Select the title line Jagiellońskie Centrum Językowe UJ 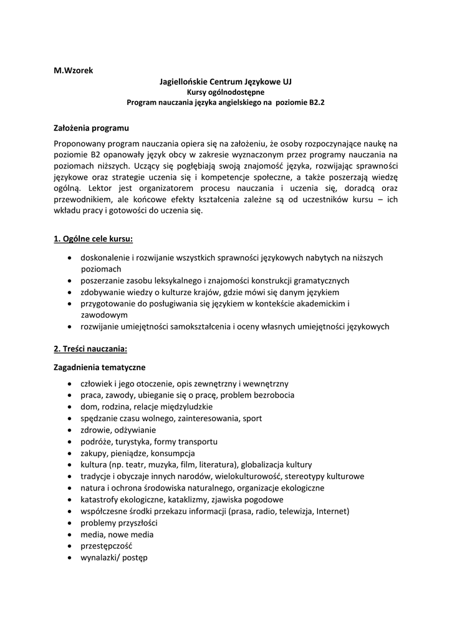coord(226,82)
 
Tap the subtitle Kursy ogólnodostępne coord(226,92)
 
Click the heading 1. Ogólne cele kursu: coord(94,238)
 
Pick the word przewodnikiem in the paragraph coord(81,199)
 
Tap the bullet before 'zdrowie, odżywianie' coord(68,430)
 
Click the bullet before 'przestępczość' coord(68,546)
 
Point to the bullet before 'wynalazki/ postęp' coord(68,558)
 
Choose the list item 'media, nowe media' coord(117,534)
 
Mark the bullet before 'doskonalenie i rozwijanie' coord(68,258)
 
